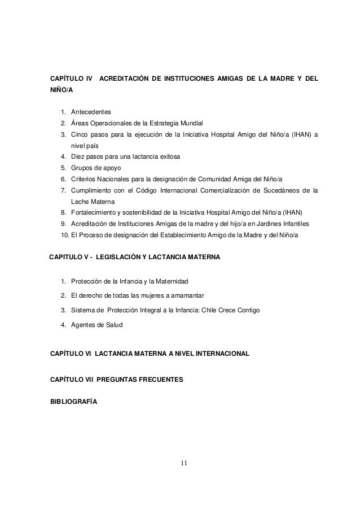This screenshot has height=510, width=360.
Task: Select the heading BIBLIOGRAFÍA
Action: (x=73, y=401)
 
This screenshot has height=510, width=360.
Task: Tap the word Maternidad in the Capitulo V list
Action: (x=177, y=281)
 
